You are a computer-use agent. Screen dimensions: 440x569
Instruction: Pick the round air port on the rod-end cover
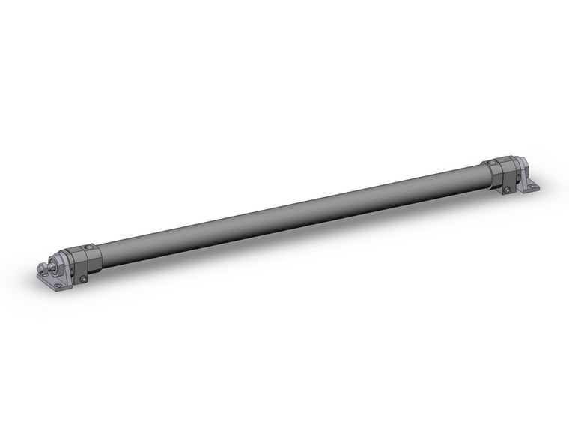[89, 247]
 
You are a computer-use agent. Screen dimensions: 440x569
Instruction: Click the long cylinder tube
[284, 211]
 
